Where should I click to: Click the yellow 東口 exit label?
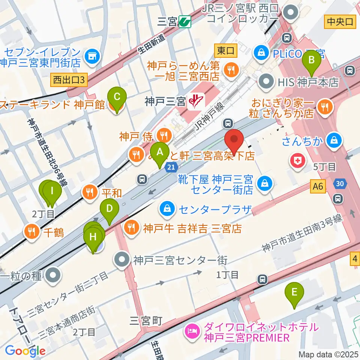pos(225,50)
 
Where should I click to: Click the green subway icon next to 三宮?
pos(185,22)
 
